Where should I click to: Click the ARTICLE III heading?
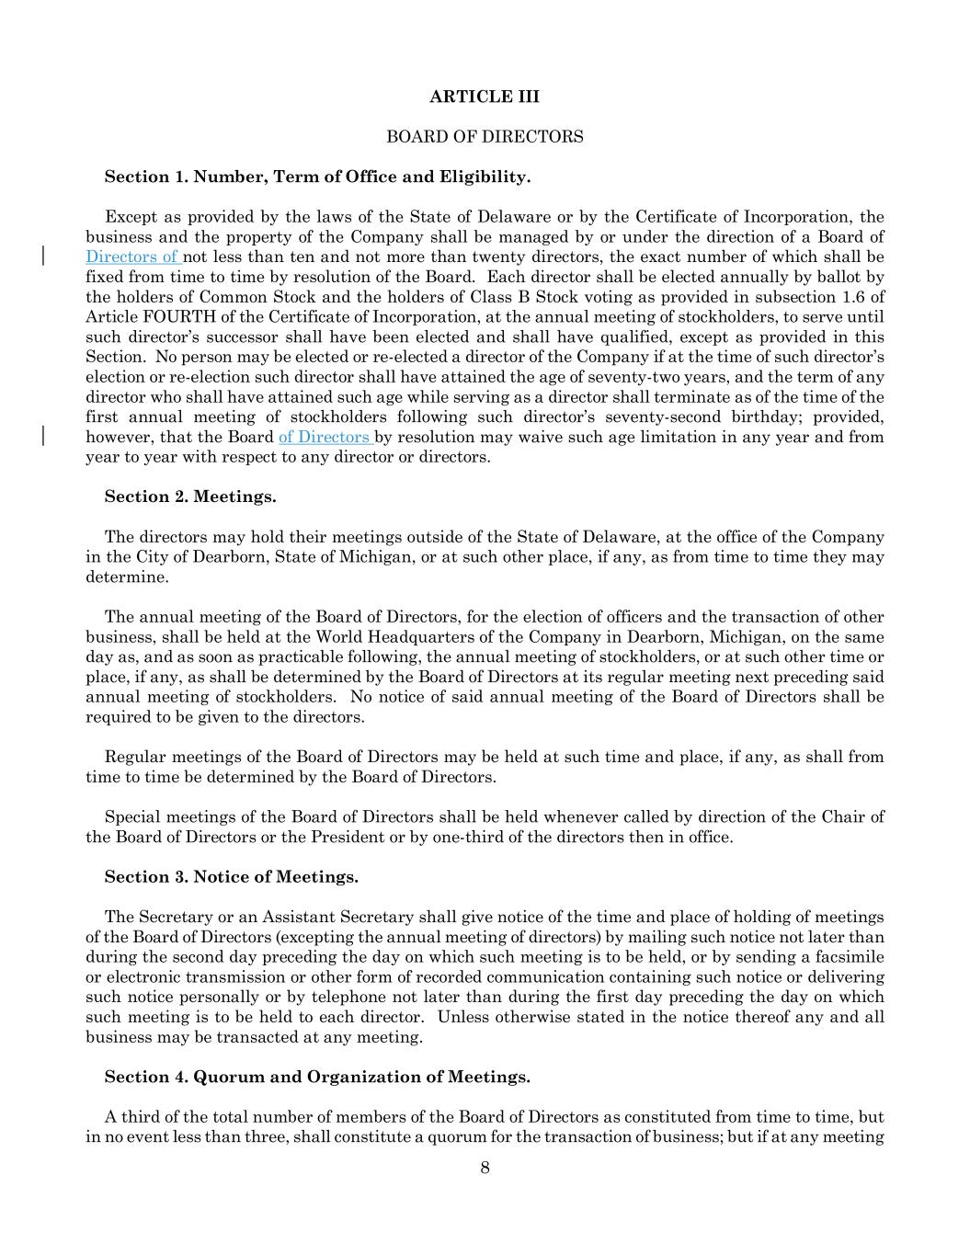click(485, 97)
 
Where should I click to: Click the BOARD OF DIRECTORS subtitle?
click(485, 137)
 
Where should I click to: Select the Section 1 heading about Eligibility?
click(317, 177)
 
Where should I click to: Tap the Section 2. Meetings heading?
click(190, 496)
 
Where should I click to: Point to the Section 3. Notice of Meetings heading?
click(231, 876)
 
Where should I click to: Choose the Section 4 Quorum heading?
click(317, 1077)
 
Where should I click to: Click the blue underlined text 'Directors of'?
click(133, 257)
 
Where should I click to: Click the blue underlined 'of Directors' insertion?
click(325, 437)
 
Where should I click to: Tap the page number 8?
click(485, 1168)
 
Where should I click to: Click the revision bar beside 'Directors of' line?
click(44, 256)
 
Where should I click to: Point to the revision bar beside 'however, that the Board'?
click(44, 436)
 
